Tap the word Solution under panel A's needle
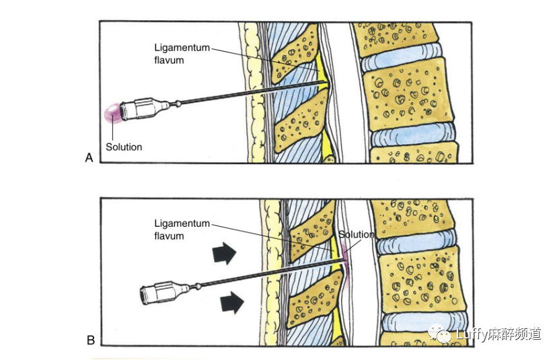[x=123, y=146]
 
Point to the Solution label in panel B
[x=356, y=234]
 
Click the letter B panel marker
[x=90, y=340]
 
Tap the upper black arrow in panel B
[x=225, y=254]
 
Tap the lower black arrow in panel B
[x=231, y=303]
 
